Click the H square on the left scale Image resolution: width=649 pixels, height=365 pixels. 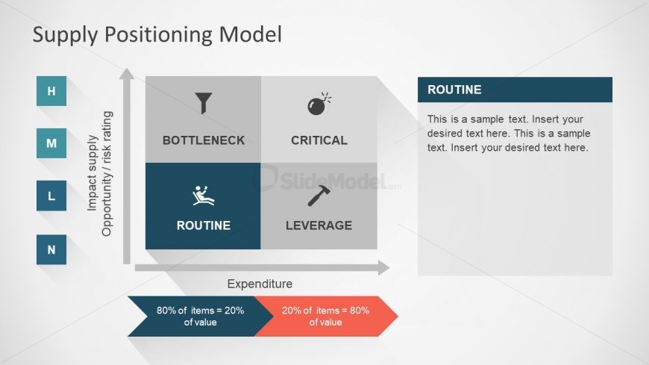[51, 91]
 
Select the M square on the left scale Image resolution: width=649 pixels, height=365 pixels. [51, 143]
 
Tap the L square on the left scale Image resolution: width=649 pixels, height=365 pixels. [51, 196]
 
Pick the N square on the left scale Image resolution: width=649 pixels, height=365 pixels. [51, 249]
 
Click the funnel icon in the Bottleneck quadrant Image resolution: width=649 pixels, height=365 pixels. [203, 103]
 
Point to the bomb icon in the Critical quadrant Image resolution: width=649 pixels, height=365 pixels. [319, 104]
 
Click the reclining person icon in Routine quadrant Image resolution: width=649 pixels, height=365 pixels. [203, 196]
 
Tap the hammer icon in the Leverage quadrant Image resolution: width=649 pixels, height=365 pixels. [319, 196]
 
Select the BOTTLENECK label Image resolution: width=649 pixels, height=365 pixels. [203, 140]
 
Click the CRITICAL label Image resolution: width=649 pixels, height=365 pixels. [319, 140]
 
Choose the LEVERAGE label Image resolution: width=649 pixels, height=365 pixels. [319, 225]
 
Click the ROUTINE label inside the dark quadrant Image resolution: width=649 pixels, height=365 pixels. [203, 225]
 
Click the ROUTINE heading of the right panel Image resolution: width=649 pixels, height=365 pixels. [454, 90]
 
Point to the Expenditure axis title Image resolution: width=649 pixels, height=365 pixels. [260, 284]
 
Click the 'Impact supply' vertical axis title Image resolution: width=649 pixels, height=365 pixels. [93, 173]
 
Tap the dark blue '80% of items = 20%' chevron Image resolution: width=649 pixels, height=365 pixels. [198, 316]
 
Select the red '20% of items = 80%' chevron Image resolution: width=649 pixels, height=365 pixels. [325, 316]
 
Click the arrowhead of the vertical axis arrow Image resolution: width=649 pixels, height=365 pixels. [127, 74]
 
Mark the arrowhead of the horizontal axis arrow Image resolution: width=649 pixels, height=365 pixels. [383, 268]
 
